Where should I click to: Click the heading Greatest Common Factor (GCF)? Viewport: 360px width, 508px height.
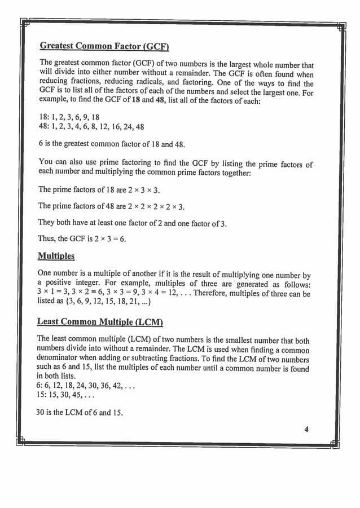tap(104, 46)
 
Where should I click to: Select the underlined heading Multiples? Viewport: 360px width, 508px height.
tap(56, 256)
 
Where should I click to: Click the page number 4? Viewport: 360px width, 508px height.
tap(306, 429)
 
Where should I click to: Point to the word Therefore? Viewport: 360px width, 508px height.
tap(216, 294)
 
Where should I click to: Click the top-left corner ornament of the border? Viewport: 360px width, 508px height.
tap(24, 23)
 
